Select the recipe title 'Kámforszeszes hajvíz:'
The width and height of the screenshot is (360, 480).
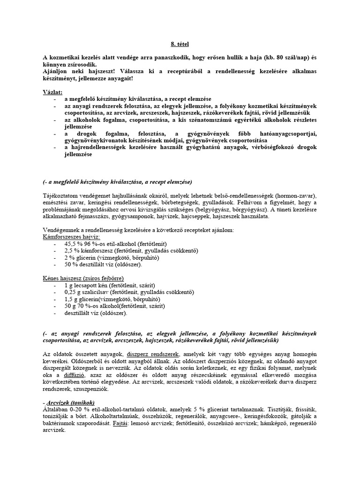[x=71, y=238]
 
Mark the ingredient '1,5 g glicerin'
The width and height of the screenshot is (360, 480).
[x=85, y=299]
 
